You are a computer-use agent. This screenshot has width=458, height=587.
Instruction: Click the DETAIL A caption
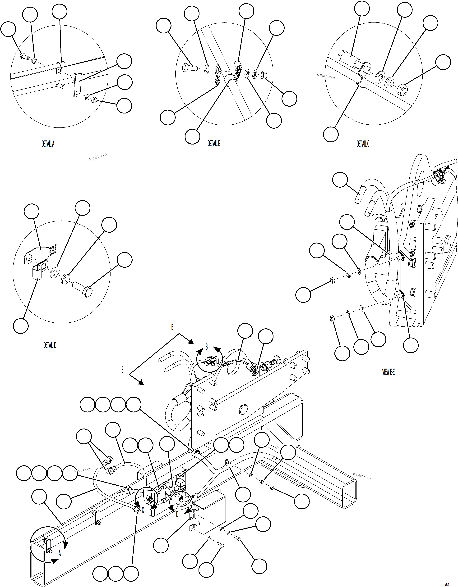click(x=48, y=144)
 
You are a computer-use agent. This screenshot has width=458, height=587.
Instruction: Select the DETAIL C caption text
click(x=363, y=144)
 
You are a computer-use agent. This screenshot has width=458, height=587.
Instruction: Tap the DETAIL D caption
click(x=50, y=345)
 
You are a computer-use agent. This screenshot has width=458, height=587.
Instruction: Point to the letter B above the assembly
click(x=207, y=347)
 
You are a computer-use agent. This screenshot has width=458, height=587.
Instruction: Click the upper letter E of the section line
click(x=172, y=327)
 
